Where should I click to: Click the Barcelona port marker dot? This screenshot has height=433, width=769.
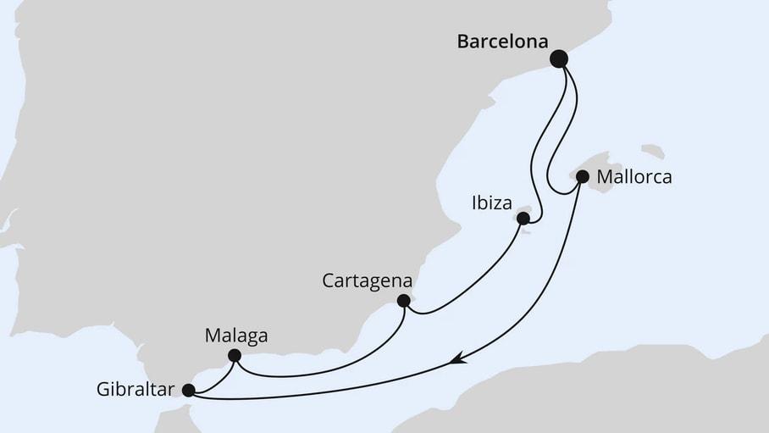pos(559,58)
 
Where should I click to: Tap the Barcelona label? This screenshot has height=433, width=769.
pos(502,42)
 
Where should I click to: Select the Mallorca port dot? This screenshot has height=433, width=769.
pos(583,177)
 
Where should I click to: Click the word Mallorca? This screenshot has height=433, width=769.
pos(634,178)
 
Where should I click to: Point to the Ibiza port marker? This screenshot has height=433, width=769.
pos(523,219)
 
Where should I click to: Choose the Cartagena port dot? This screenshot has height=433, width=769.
pos(404,300)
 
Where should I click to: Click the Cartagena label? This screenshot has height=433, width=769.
pos(368,280)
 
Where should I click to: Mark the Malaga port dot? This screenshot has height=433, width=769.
pos(235,355)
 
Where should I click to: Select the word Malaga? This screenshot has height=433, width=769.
pos(236,336)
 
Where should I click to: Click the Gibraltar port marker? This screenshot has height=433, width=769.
pos(189,391)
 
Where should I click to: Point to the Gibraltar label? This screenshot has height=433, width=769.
pos(136,391)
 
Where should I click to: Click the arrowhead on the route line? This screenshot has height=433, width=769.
pos(458,360)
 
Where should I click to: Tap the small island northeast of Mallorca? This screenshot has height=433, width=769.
pos(652,152)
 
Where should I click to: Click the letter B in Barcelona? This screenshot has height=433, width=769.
pos(462,42)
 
